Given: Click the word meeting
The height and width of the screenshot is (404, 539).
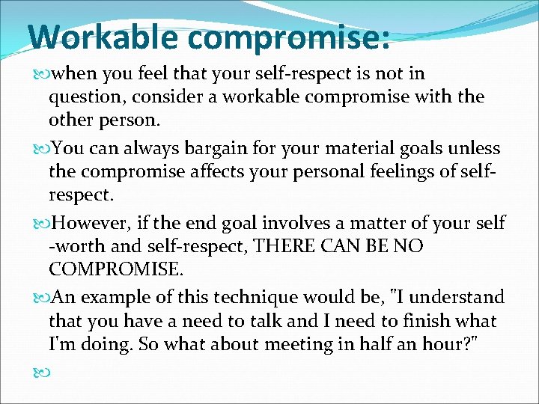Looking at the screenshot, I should [280, 345].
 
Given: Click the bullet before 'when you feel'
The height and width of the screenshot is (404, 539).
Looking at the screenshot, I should [40, 74].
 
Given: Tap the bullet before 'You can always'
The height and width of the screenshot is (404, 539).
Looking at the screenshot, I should [40, 149].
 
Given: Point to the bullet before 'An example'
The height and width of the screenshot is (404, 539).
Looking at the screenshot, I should [40, 299].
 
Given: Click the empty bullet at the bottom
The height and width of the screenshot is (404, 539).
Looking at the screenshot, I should [40, 369].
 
